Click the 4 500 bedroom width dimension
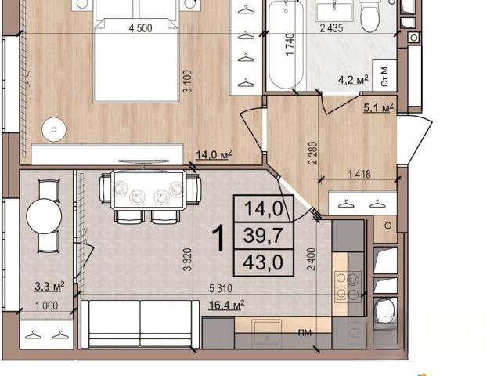point(140,28)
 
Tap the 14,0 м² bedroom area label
point(214,155)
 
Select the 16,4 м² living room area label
point(227,305)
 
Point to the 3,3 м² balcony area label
point(49,287)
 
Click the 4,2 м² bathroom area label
point(353,80)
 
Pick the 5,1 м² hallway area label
point(378,107)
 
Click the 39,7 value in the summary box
point(263,236)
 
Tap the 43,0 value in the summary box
point(263,262)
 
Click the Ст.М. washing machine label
point(384,75)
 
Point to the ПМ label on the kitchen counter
point(305,333)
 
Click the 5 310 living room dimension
point(221,289)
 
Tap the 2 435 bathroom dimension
point(332,28)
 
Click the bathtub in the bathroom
point(286,45)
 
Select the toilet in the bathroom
point(370,16)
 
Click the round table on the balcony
point(44,216)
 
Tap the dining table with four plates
point(149,190)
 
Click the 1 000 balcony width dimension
point(47,305)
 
